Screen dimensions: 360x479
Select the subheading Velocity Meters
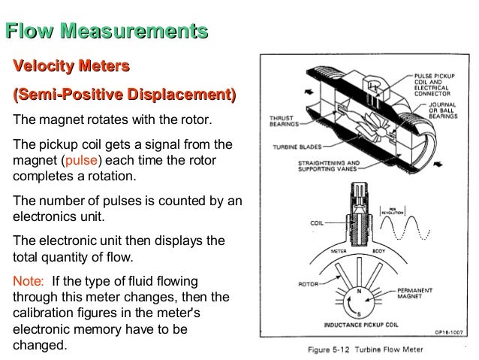coord(68,68)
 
